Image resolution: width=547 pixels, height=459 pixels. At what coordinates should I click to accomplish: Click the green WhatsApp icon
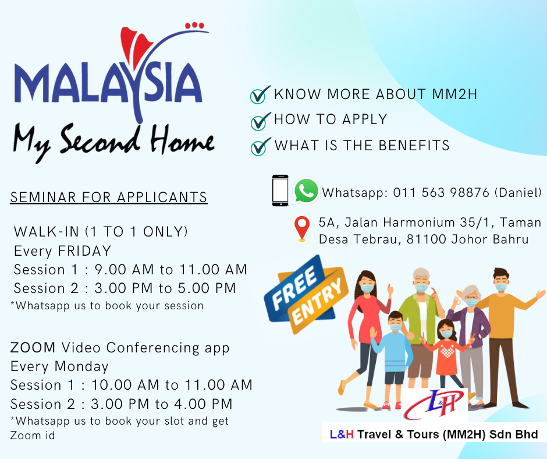[306, 190]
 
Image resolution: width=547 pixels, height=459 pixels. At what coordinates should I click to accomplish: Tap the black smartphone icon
[280, 190]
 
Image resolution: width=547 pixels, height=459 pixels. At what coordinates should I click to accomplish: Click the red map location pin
[302, 229]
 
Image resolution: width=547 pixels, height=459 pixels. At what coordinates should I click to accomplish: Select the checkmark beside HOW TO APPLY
[260, 121]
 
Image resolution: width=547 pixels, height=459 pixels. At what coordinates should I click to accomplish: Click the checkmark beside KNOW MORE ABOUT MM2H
[260, 95]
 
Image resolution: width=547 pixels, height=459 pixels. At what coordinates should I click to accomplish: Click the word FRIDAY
[84, 251]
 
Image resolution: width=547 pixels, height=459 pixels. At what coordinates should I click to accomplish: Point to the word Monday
[81, 366]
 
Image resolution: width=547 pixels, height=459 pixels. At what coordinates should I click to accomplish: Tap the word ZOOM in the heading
[33, 348]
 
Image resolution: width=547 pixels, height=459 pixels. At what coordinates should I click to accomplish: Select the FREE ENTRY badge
[306, 294]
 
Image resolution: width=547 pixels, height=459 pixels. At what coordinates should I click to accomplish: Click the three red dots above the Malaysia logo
[194, 25]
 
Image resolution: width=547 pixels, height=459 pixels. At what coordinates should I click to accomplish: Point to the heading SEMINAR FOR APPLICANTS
[109, 197]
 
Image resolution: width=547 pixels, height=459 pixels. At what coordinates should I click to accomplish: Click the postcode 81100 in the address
[427, 239]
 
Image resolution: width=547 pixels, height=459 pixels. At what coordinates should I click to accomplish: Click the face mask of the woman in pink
[367, 288]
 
